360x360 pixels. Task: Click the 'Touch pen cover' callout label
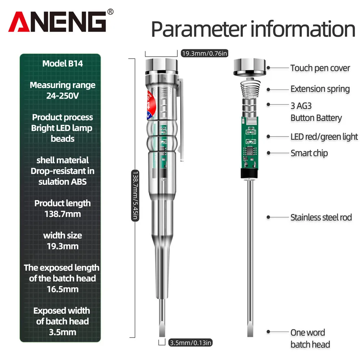pyautogui.click(x=320, y=68)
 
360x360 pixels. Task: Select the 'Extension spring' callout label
pyautogui.click(x=320, y=89)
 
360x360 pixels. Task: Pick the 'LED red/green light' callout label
pyautogui.click(x=324, y=136)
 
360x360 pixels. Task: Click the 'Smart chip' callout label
pyautogui.click(x=309, y=153)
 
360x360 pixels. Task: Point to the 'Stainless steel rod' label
pyautogui.click(x=321, y=217)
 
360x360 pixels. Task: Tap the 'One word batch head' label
pyautogui.click(x=310, y=338)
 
